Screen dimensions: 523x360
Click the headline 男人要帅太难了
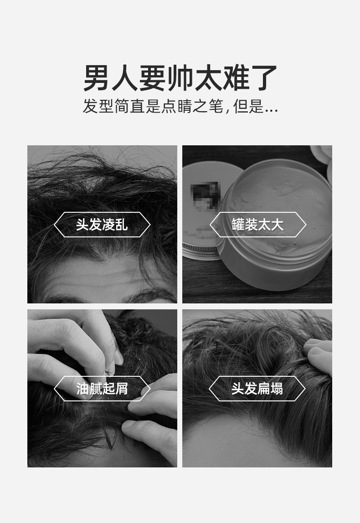[x=180, y=78]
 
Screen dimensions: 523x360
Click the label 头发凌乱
[x=102, y=225]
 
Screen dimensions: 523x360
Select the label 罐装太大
[x=257, y=225]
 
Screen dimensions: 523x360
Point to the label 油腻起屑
[x=102, y=389]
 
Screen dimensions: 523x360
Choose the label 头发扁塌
[x=257, y=389]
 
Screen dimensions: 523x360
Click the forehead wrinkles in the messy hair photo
[x=105, y=278]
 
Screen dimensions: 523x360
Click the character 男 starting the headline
[x=97, y=78]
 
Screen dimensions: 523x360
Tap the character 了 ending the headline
[x=264, y=78]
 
